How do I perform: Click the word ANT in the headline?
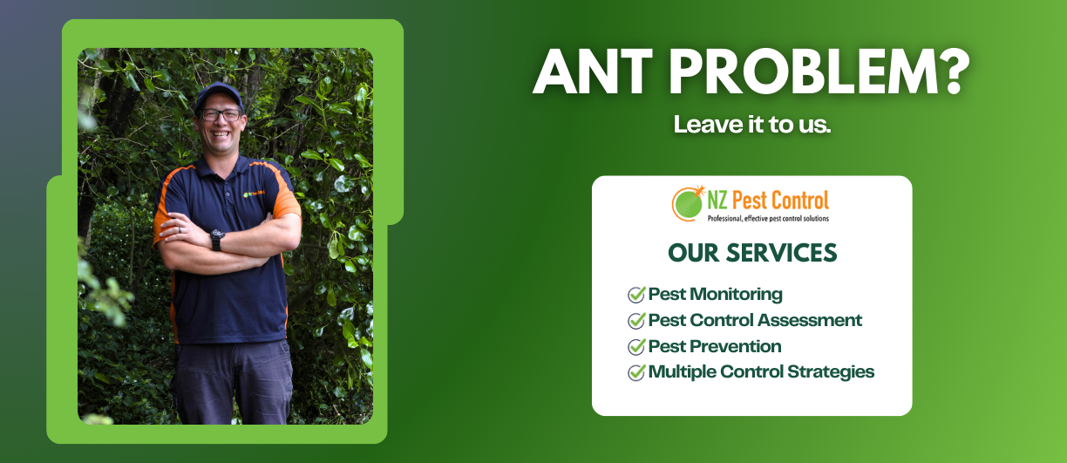coord(592,72)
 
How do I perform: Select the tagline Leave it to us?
coord(751,124)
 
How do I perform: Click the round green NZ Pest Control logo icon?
coord(689,203)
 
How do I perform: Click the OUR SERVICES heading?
coord(751,253)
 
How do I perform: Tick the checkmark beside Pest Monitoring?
coord(636,295)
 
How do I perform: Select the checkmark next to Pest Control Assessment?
coord(636,321)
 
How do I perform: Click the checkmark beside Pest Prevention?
coord(636,347)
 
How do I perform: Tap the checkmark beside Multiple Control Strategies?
coord(636,373)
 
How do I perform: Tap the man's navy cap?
coord(218,94)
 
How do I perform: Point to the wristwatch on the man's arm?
coord(216,239)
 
